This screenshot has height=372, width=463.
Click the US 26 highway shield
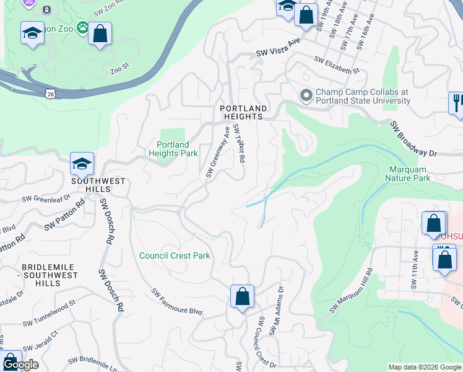(x=50, y=92)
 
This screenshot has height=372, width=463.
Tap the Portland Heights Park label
(x=173, y=149)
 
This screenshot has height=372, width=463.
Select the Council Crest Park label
(x=175, y=255)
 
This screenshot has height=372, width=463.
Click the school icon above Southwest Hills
(x=82, y=165)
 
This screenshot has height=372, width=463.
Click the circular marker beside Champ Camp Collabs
(x=305, y=96)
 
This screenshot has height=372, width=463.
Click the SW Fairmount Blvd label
(x=177, y=302)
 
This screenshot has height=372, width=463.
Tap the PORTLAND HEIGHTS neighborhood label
(x=244, y=112)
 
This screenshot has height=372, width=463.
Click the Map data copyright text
(x=424, y=367)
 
